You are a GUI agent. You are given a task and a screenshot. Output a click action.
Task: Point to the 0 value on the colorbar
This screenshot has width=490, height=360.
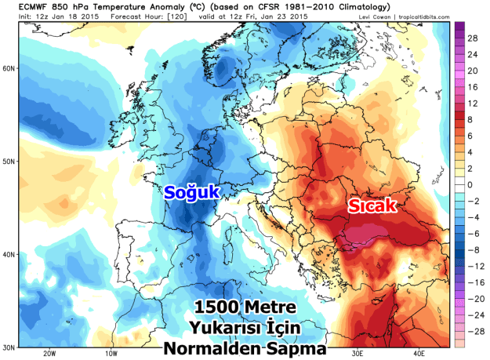click(x=471, y=184)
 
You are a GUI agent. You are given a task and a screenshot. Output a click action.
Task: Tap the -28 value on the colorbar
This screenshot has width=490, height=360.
click(x=476, y=332)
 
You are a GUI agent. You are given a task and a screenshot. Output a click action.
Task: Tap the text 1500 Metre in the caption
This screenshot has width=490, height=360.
click(x=235, y=307)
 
